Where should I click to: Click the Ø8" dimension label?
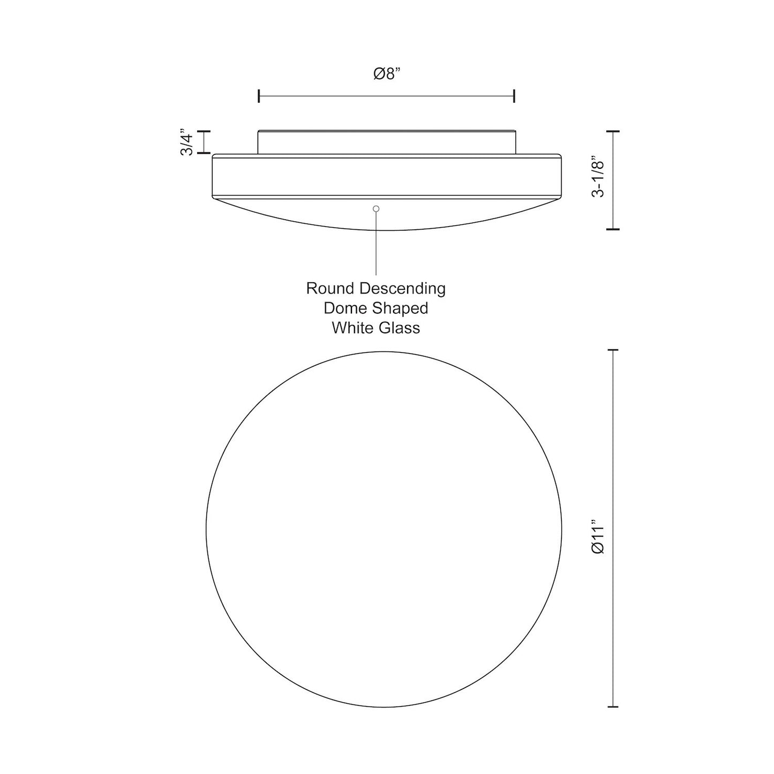point(387,74)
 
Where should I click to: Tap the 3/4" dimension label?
point(187,142)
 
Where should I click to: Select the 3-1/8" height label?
point(598,177)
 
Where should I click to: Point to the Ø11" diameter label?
point(598,536)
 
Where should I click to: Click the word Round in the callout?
point(331,289)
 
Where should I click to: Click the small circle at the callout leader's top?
point(376,208)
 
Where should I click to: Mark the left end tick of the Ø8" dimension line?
point(259,96)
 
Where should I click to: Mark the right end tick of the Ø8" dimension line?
point(514,96)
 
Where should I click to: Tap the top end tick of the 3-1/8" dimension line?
point(613,131)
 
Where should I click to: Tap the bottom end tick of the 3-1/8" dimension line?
point(613,229)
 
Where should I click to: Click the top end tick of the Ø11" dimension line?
point(613,350)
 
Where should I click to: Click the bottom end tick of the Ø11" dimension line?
point(613,707)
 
